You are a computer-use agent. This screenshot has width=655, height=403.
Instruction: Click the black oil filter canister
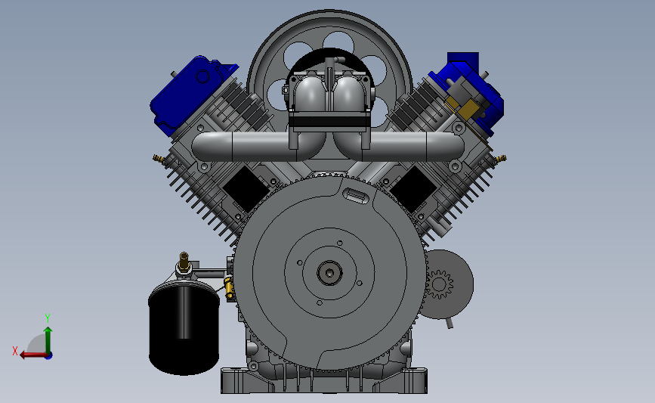[184, 328]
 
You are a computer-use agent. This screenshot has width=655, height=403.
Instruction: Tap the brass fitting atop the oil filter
[184, 262]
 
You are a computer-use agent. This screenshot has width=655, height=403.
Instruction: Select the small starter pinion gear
[439, 284]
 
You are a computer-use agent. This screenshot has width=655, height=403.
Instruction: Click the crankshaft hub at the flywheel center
[329, 272]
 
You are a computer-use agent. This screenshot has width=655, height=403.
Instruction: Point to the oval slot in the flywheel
[356, 195]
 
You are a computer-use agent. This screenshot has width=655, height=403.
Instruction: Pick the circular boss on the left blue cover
[203, 76]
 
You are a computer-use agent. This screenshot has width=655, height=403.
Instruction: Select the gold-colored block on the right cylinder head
[465, 107]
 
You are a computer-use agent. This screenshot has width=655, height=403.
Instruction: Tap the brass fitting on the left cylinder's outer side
[159, 159]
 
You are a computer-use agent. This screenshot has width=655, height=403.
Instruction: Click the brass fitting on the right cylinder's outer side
[500, 159]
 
